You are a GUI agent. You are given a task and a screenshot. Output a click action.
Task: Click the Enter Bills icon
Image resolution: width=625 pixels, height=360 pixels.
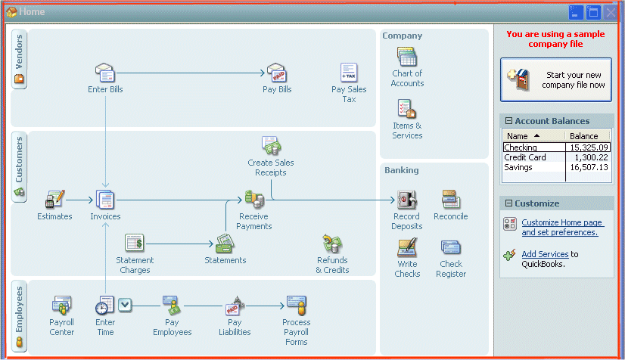[105, 73]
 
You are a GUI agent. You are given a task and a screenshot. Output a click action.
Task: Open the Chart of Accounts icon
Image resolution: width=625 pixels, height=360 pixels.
[407, 57]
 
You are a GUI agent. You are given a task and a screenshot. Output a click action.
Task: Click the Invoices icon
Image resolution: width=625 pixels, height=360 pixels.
[105, 200]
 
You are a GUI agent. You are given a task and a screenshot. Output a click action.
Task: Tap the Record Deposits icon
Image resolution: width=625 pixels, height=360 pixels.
[406, 200]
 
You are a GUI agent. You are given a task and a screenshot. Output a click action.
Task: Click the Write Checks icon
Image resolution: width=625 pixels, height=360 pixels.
[407, 248]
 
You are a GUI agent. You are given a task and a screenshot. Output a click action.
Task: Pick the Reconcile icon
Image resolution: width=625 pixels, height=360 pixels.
[450, 200]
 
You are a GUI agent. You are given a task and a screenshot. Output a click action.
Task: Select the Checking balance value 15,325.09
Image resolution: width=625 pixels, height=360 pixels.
[589, 147]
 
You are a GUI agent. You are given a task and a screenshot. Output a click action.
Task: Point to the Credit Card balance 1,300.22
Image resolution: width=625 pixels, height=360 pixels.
[590, 157]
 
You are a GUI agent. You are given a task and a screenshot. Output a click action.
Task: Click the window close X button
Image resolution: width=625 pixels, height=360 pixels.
[611, 12]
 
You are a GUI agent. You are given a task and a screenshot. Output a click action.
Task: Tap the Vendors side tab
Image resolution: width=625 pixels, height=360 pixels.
[20, 58]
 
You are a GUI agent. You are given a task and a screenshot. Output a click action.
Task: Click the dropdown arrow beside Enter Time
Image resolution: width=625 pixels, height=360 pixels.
[125, 305]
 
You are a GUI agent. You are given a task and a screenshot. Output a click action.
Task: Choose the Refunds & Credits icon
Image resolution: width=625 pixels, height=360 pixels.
[331, 244]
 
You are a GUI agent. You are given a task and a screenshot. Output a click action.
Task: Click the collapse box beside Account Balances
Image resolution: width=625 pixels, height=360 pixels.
[508, 121]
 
